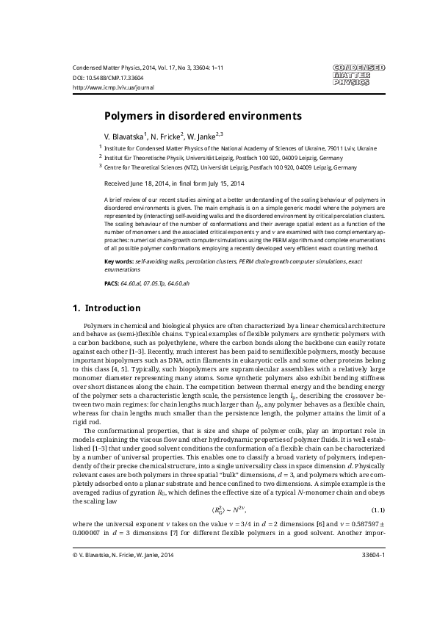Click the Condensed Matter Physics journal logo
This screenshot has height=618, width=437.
point(358,75)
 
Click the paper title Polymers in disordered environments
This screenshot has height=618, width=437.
point(202,116)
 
